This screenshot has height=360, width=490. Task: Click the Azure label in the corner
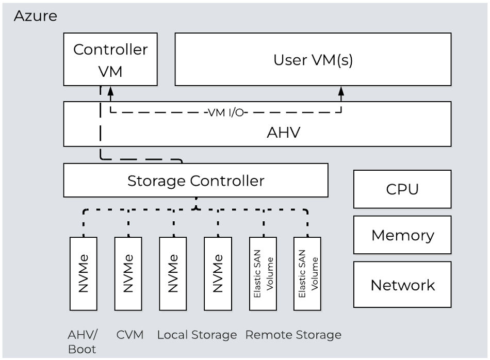pyautogui.click(x=35, y=16)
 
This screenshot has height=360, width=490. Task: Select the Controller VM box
pyautogui.click(x=110, y=59)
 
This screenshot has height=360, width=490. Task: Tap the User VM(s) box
pyautogui.click(x=313, y=59)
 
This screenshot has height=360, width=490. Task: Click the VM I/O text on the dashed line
pyautogui.click(x=226, y=112)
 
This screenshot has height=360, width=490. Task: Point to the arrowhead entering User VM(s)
pyautogui.click(x=340, y=91)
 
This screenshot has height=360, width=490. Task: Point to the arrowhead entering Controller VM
pyautogui.click(x=110, y=91)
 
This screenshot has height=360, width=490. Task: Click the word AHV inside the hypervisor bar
pyautogui.click(x=283, y=133)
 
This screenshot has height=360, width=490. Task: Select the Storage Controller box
pyautogui.click(x=195, y=181)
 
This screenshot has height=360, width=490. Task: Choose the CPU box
pyautogui.click(x=402, y=189)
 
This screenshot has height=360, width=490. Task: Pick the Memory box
pyautogui.click(x=402, y=235)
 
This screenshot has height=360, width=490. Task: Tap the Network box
pyautogui.click(x=402, y=285)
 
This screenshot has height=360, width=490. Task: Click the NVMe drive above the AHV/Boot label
pyautogui.click(x=83, y=273)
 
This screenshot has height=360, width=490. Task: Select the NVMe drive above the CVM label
pyautogui.click(x=128, y=273)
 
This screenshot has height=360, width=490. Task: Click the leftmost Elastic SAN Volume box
pyautogui.click(x=263, y=273)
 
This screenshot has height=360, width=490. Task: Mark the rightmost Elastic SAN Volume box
pyautogui.click(x=307, y=273)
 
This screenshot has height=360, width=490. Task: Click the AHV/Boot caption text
pyautogui.click(x=83, y=341)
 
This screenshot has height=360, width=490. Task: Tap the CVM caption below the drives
pyautogui.click(x=129, y=335)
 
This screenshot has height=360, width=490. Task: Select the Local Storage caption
pyautogui.click(x=197, y=335)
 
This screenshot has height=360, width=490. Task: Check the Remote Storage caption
pyautogui.click(x=293, y=335)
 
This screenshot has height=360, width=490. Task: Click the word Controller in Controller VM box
pyautogui.click(x=110, y=50)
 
